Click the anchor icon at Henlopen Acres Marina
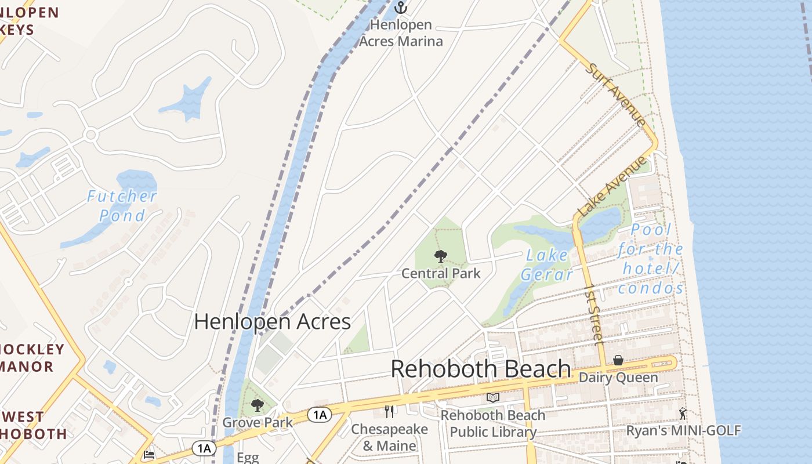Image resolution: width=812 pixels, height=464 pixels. tap(401, 8)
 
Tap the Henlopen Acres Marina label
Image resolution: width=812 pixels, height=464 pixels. tap(401, 33)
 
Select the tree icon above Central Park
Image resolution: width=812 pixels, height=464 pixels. tap(441, 256)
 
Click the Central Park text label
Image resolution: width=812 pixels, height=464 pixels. tap(441, 273)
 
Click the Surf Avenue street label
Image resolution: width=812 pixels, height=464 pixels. tap(615, 95)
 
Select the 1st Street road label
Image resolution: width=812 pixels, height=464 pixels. tap(594, 314)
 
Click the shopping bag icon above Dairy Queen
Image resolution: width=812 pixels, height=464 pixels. tap(618, 361)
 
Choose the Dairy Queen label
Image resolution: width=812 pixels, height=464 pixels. tap(618, 378)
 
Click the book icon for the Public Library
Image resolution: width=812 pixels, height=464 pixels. tap(493, 398)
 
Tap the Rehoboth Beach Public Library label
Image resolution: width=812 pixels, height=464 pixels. tap(493, 423)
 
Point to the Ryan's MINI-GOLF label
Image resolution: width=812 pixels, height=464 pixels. tap(683, 430)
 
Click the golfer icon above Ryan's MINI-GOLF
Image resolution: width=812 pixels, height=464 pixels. tap(683, 414)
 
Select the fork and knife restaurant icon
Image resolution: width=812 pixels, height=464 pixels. tap(389, 412)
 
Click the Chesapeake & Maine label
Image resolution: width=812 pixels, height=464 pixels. tap(389, 437)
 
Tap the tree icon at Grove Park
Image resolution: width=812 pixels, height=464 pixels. tap(258, 405)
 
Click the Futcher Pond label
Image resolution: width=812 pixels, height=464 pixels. tap(122, 205)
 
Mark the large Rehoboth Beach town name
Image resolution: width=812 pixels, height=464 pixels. tap(480, 369)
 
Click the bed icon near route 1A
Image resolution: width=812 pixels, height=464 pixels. tap(149, 455)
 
